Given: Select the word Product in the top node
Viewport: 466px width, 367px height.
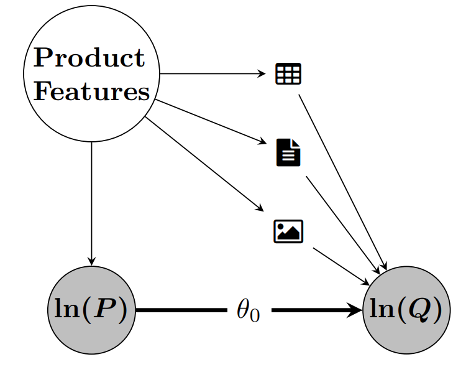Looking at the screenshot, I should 89,58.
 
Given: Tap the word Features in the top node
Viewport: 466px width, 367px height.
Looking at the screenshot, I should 91,92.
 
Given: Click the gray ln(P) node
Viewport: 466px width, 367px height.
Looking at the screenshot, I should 91,309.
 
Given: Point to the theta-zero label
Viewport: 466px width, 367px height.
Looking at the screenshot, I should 248,310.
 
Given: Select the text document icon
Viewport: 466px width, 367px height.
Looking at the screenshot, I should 288,153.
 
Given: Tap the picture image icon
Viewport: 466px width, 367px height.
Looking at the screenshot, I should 288,231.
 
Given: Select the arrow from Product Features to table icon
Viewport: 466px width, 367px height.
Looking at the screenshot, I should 211,74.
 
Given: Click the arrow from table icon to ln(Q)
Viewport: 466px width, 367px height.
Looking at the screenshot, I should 342,180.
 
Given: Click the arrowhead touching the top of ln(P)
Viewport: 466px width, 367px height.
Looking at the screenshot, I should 92,261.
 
